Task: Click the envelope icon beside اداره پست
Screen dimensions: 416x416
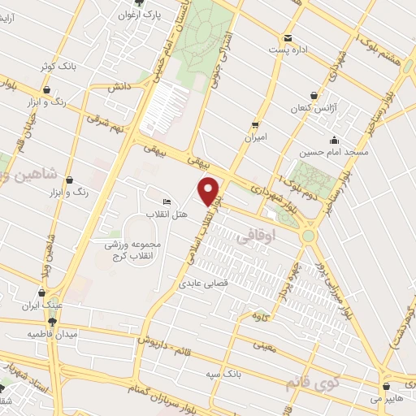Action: [x=288, y=37]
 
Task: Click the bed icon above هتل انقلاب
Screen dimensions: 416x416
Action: [x=167, y=202]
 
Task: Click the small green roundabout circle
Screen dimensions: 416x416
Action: [x=310, y=236]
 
